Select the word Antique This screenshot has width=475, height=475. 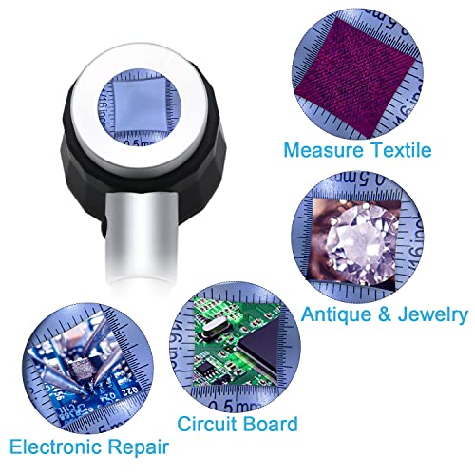[x=333, y=314]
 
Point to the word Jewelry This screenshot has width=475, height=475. [x=428, y=314]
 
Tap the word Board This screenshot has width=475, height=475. [x=273, y=424]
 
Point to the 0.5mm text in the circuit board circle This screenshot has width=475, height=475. [x=252, y=389]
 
